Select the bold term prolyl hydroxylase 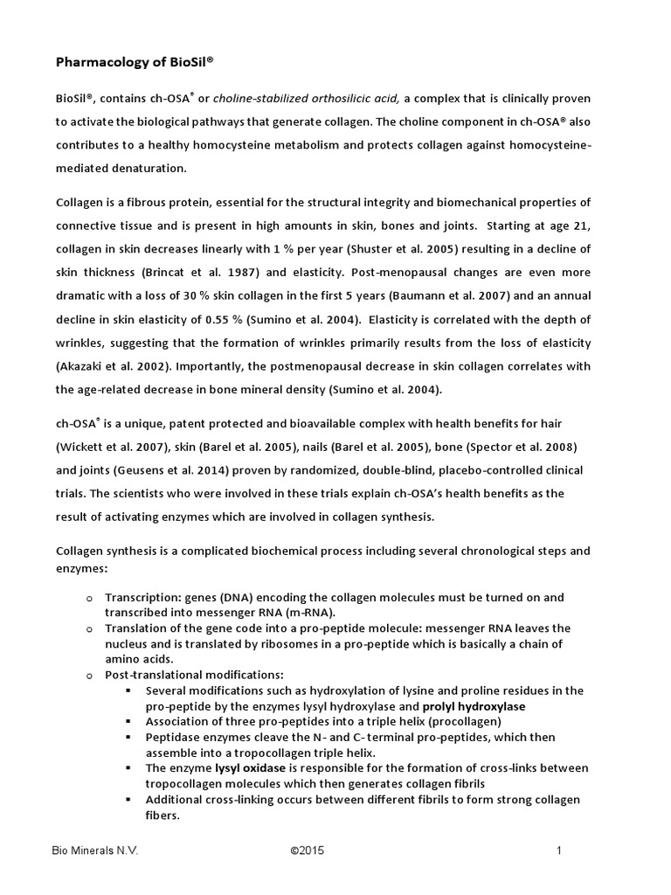click(474, 705)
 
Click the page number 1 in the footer click(557, 850)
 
